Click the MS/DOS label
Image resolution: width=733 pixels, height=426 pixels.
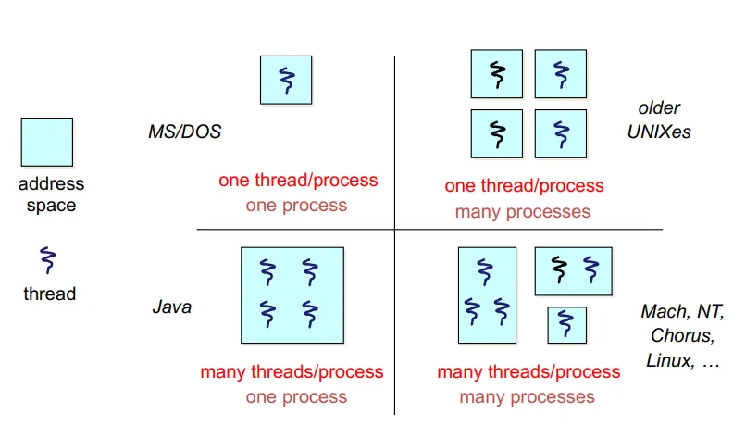[184, 132]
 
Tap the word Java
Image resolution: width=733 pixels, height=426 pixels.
[171, 307]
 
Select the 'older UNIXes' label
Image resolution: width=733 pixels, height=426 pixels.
[659, 120]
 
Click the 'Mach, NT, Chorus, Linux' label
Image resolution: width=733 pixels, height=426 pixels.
[682, 335]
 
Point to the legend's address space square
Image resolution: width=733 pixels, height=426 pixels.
[47, 142]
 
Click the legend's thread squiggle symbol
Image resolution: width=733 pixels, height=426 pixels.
[47, 260]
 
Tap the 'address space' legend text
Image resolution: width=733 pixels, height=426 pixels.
[51, 194]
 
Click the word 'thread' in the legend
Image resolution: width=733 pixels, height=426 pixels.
[50, 294]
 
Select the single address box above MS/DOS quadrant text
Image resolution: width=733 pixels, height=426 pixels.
[286, 80]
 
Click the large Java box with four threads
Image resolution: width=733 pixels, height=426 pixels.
[292, 294]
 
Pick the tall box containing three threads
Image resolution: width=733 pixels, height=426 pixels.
[486, 294]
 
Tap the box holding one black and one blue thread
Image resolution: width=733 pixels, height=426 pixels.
[573, 270]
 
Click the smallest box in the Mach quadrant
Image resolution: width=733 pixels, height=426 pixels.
[565, 324]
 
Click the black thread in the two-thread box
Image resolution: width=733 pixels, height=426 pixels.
[558, 269]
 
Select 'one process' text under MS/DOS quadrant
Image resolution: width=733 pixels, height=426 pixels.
[296, 205]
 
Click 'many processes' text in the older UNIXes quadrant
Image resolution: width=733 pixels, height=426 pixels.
[522, 211]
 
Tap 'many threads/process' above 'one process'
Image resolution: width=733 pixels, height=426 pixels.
[292, 372]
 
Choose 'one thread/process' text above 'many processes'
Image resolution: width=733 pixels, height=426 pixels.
[524, 186]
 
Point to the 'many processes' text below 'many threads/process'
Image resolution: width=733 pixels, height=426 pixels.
[528, 397]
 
